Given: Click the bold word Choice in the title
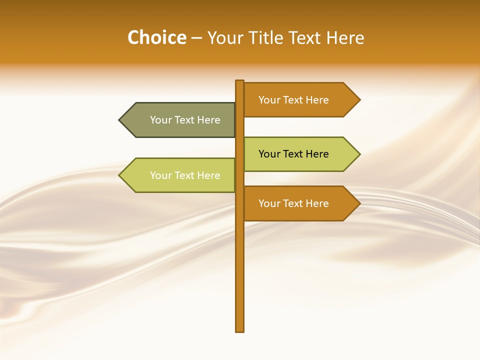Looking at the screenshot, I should click(x=156, y=38).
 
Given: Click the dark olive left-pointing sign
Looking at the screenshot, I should click(x=180, y=120).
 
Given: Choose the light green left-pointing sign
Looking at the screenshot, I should click(x=180, y=175).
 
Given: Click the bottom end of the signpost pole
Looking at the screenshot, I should click(x=240, y=329).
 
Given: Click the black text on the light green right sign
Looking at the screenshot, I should click(x=293, y=154).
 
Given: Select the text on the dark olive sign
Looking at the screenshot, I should click(x=185, y=120).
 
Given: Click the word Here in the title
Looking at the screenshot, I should click(x=345, y=38).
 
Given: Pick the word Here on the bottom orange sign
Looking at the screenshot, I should click(x=317, y=203).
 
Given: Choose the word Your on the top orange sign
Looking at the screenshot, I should click(x=269, y=100).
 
